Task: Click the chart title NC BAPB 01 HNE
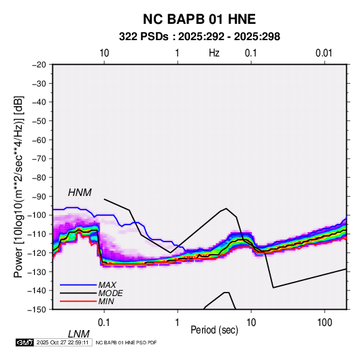click(199, 19)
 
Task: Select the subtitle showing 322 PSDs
click(199, 37)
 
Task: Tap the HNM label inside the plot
click(80, 193)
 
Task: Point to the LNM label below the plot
click(78, 334)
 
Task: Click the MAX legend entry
click(107, 284)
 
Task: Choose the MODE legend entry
click(110, 293)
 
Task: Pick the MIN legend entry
click(106, 301)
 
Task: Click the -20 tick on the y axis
click(39, 65)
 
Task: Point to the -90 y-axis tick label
click(39, 196)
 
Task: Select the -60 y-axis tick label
click(39, 140)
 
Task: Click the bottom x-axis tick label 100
click(325, 322)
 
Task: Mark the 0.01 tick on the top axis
click(324, 53)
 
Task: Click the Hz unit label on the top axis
click(214, 53)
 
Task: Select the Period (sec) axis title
click(214, 330)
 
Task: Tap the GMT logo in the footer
click(25, 342)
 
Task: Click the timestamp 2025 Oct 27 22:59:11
click(63, 342)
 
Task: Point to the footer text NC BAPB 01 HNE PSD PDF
click(126, 342)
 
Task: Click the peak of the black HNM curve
click(226, 208)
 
